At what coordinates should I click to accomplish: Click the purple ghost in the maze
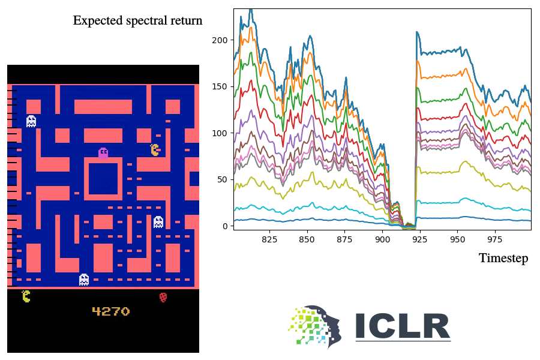103,153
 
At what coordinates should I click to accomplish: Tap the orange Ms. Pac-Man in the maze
155,149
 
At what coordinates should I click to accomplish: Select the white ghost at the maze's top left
31,121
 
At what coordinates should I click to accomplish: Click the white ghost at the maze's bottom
84,280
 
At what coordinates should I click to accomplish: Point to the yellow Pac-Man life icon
26,296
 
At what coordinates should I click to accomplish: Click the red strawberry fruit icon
163,296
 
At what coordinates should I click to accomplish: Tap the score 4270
110,311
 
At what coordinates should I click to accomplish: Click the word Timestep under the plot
503,259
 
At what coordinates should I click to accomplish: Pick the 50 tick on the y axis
224,179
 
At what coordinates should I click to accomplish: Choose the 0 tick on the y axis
226,226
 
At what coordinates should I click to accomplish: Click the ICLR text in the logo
402,326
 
